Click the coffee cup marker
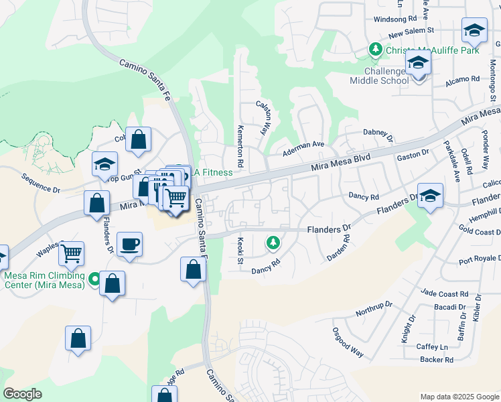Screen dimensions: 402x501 click(x=129, y=244)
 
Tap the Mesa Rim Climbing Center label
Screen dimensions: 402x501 click(x=44, y=279)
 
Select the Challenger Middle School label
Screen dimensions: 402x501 click(x=378, y=76)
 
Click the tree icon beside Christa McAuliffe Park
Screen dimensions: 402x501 click(x=376, y=50)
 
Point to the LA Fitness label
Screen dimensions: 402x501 click(x=212, y=172)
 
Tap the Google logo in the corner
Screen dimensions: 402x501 click(x=22, y=393)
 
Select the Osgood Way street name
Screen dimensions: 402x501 click(x=348, y=342)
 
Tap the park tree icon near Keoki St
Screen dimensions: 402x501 click(x=273, y=243)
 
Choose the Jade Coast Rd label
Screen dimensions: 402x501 click(x=445, y=293)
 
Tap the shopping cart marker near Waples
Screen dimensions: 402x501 click(x=72, y=253)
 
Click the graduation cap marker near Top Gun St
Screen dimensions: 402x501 click(x=106, y=164)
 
